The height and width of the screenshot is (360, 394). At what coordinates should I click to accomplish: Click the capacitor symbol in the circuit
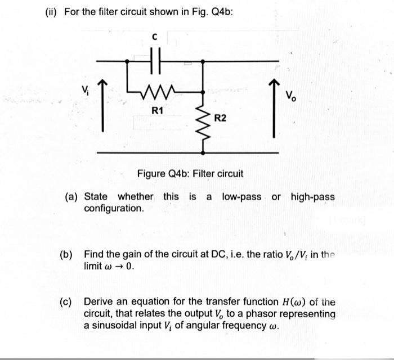tap(157, 60)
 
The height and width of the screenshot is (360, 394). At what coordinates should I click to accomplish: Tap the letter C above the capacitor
tap(156, 38)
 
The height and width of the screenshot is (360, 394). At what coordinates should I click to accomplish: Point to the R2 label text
tap(220, 118)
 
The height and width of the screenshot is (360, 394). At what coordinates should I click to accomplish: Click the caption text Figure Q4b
tap(190, 173)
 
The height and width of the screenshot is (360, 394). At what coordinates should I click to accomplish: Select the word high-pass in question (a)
tap(312, 197)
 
